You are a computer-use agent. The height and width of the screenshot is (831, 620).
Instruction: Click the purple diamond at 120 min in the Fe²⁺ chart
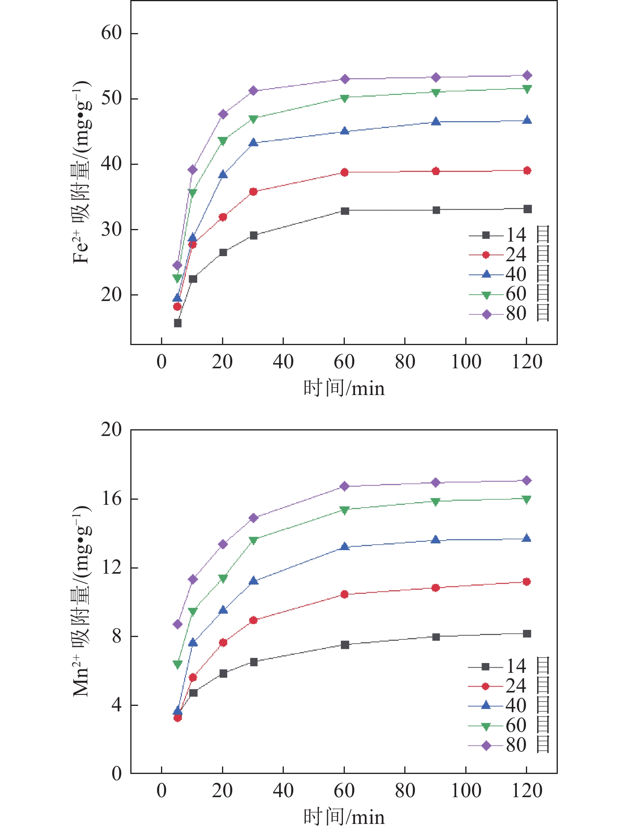pyautogui.click(x=527, y=75)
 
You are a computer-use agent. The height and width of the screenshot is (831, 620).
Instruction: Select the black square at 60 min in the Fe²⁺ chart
pyautogui.click(x=345, y=211)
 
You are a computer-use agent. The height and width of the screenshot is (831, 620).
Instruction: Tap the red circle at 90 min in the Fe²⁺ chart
pyautogui.click(x=436, y=171)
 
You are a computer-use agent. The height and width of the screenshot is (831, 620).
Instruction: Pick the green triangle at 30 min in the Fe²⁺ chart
pyautogui.click(x=253, y=118)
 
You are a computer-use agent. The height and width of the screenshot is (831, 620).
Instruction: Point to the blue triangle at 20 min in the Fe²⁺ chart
pyautogui.click(x=223, y=174)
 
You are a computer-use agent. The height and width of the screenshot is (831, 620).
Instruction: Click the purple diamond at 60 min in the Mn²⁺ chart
pyautogui.click(x=345, y=486)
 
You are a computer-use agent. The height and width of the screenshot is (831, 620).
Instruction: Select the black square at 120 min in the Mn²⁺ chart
pyautogui.click(x=527, y=633)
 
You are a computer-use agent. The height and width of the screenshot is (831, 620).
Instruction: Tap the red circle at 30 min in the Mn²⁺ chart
pyautogui.click(x=253, y=620)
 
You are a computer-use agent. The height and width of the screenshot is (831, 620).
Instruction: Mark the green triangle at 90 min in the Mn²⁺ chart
pyautogui.click(x=436, y=502)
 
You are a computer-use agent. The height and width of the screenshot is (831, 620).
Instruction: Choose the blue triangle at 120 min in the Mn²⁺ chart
pyautogui.click(x=527, y=539)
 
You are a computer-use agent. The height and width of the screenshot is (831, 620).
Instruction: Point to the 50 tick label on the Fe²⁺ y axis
pyautogui.click(x=111, y=98)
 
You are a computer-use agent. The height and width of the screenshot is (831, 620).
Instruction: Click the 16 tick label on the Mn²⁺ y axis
pyautogui.click(x=111, y=499)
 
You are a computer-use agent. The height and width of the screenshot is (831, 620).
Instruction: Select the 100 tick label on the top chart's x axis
pyautogui.click(x=466, y=362)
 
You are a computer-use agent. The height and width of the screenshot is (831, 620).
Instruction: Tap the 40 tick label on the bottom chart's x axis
pyautogui.click(x=283, y=791)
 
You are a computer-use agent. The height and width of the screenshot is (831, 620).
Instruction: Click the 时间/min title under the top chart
pyautogui.click(x=344, y=388)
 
